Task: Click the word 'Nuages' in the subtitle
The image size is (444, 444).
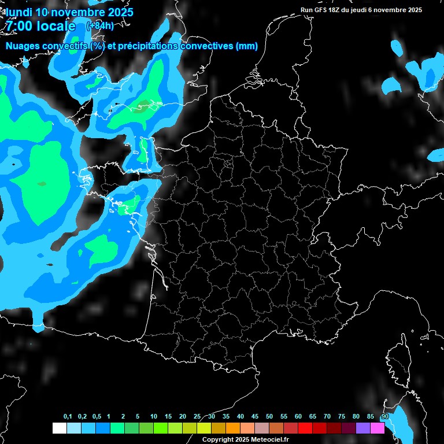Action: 23,46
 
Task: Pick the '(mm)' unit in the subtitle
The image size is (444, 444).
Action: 246,46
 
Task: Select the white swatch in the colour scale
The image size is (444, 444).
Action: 59,428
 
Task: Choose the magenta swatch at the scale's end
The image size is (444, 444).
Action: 377,428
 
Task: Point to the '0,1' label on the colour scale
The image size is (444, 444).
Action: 68,417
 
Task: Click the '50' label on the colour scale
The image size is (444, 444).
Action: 269,417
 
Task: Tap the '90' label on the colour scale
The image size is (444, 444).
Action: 384,417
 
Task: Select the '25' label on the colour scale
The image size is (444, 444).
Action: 197,417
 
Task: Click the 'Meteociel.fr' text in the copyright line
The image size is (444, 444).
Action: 269,439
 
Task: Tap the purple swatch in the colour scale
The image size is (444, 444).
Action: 362,428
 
